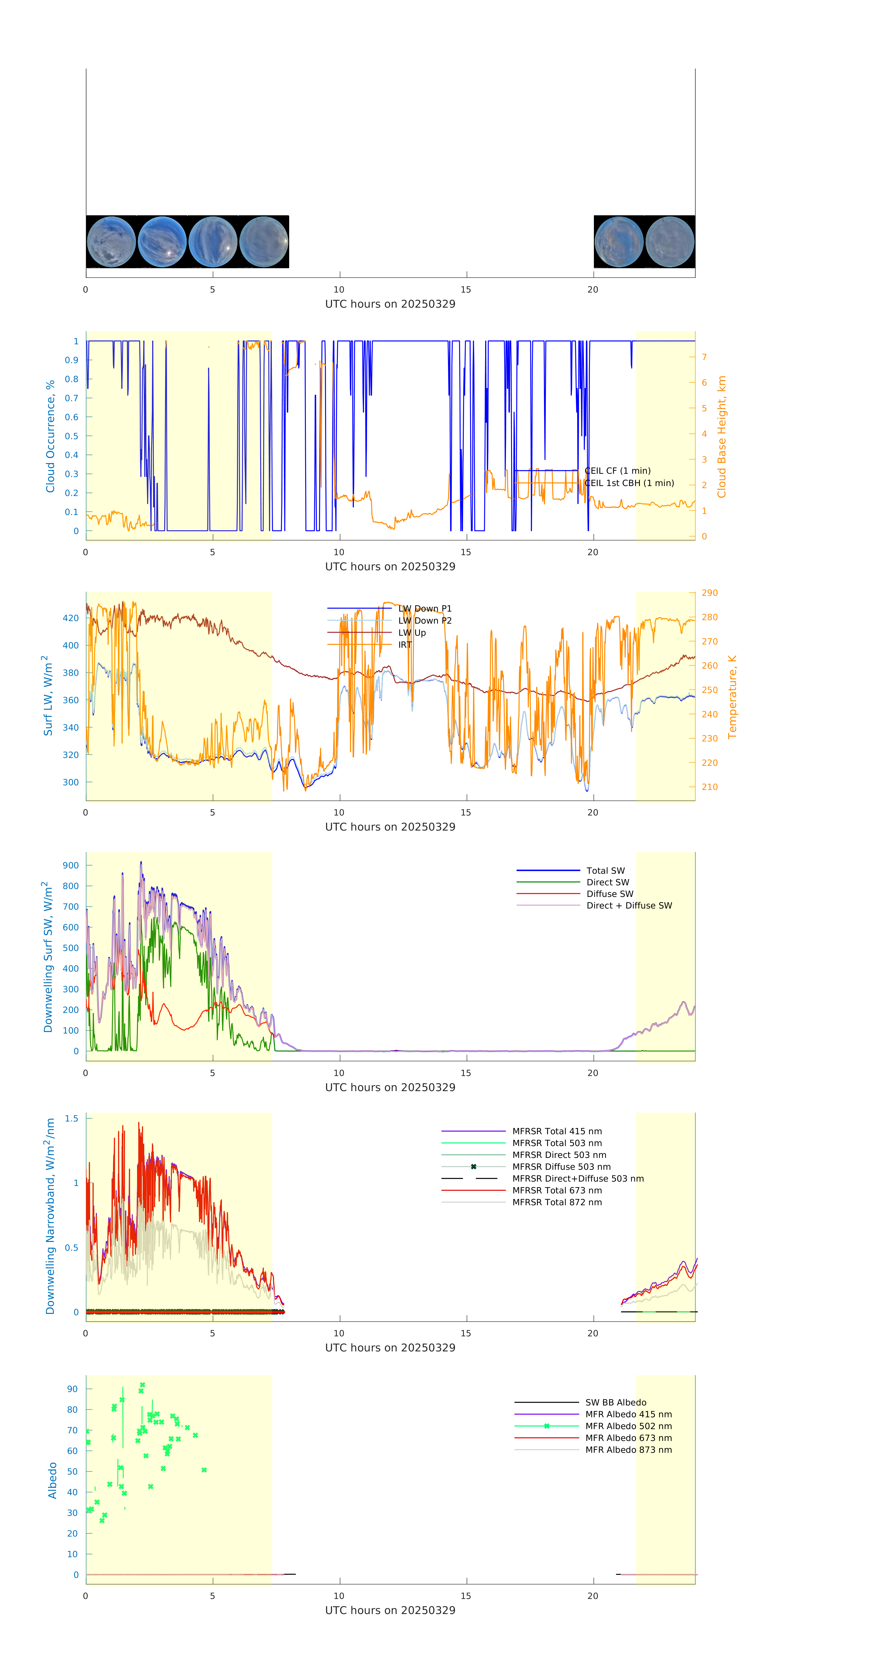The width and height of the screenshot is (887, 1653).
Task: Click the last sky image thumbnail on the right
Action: coord(669,242)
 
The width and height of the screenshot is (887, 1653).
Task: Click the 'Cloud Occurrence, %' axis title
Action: coord(50,436)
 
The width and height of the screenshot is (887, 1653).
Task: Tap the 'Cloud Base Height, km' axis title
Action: coord(721,436)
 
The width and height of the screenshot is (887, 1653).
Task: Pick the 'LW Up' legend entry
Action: coord(412,633)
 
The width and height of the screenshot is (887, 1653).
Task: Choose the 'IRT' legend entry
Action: coord(405,645)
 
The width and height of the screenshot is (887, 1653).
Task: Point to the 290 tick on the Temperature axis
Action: coord(709,593)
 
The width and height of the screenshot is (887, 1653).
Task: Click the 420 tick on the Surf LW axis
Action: coord(70,618)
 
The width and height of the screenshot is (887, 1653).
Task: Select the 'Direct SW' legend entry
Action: coord(607,882)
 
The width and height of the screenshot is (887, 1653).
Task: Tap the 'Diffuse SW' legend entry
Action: coord(609,894)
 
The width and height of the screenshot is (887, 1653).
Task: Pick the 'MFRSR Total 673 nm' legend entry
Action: coord(557,1190)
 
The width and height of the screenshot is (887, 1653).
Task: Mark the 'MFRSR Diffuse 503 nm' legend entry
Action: coord(561,1166)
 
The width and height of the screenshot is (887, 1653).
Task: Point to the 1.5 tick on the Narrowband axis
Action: coord(71,1118)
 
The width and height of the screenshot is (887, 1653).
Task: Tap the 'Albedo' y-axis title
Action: coord(53,1480)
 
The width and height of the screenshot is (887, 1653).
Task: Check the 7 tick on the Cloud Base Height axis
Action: coord(704,357)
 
